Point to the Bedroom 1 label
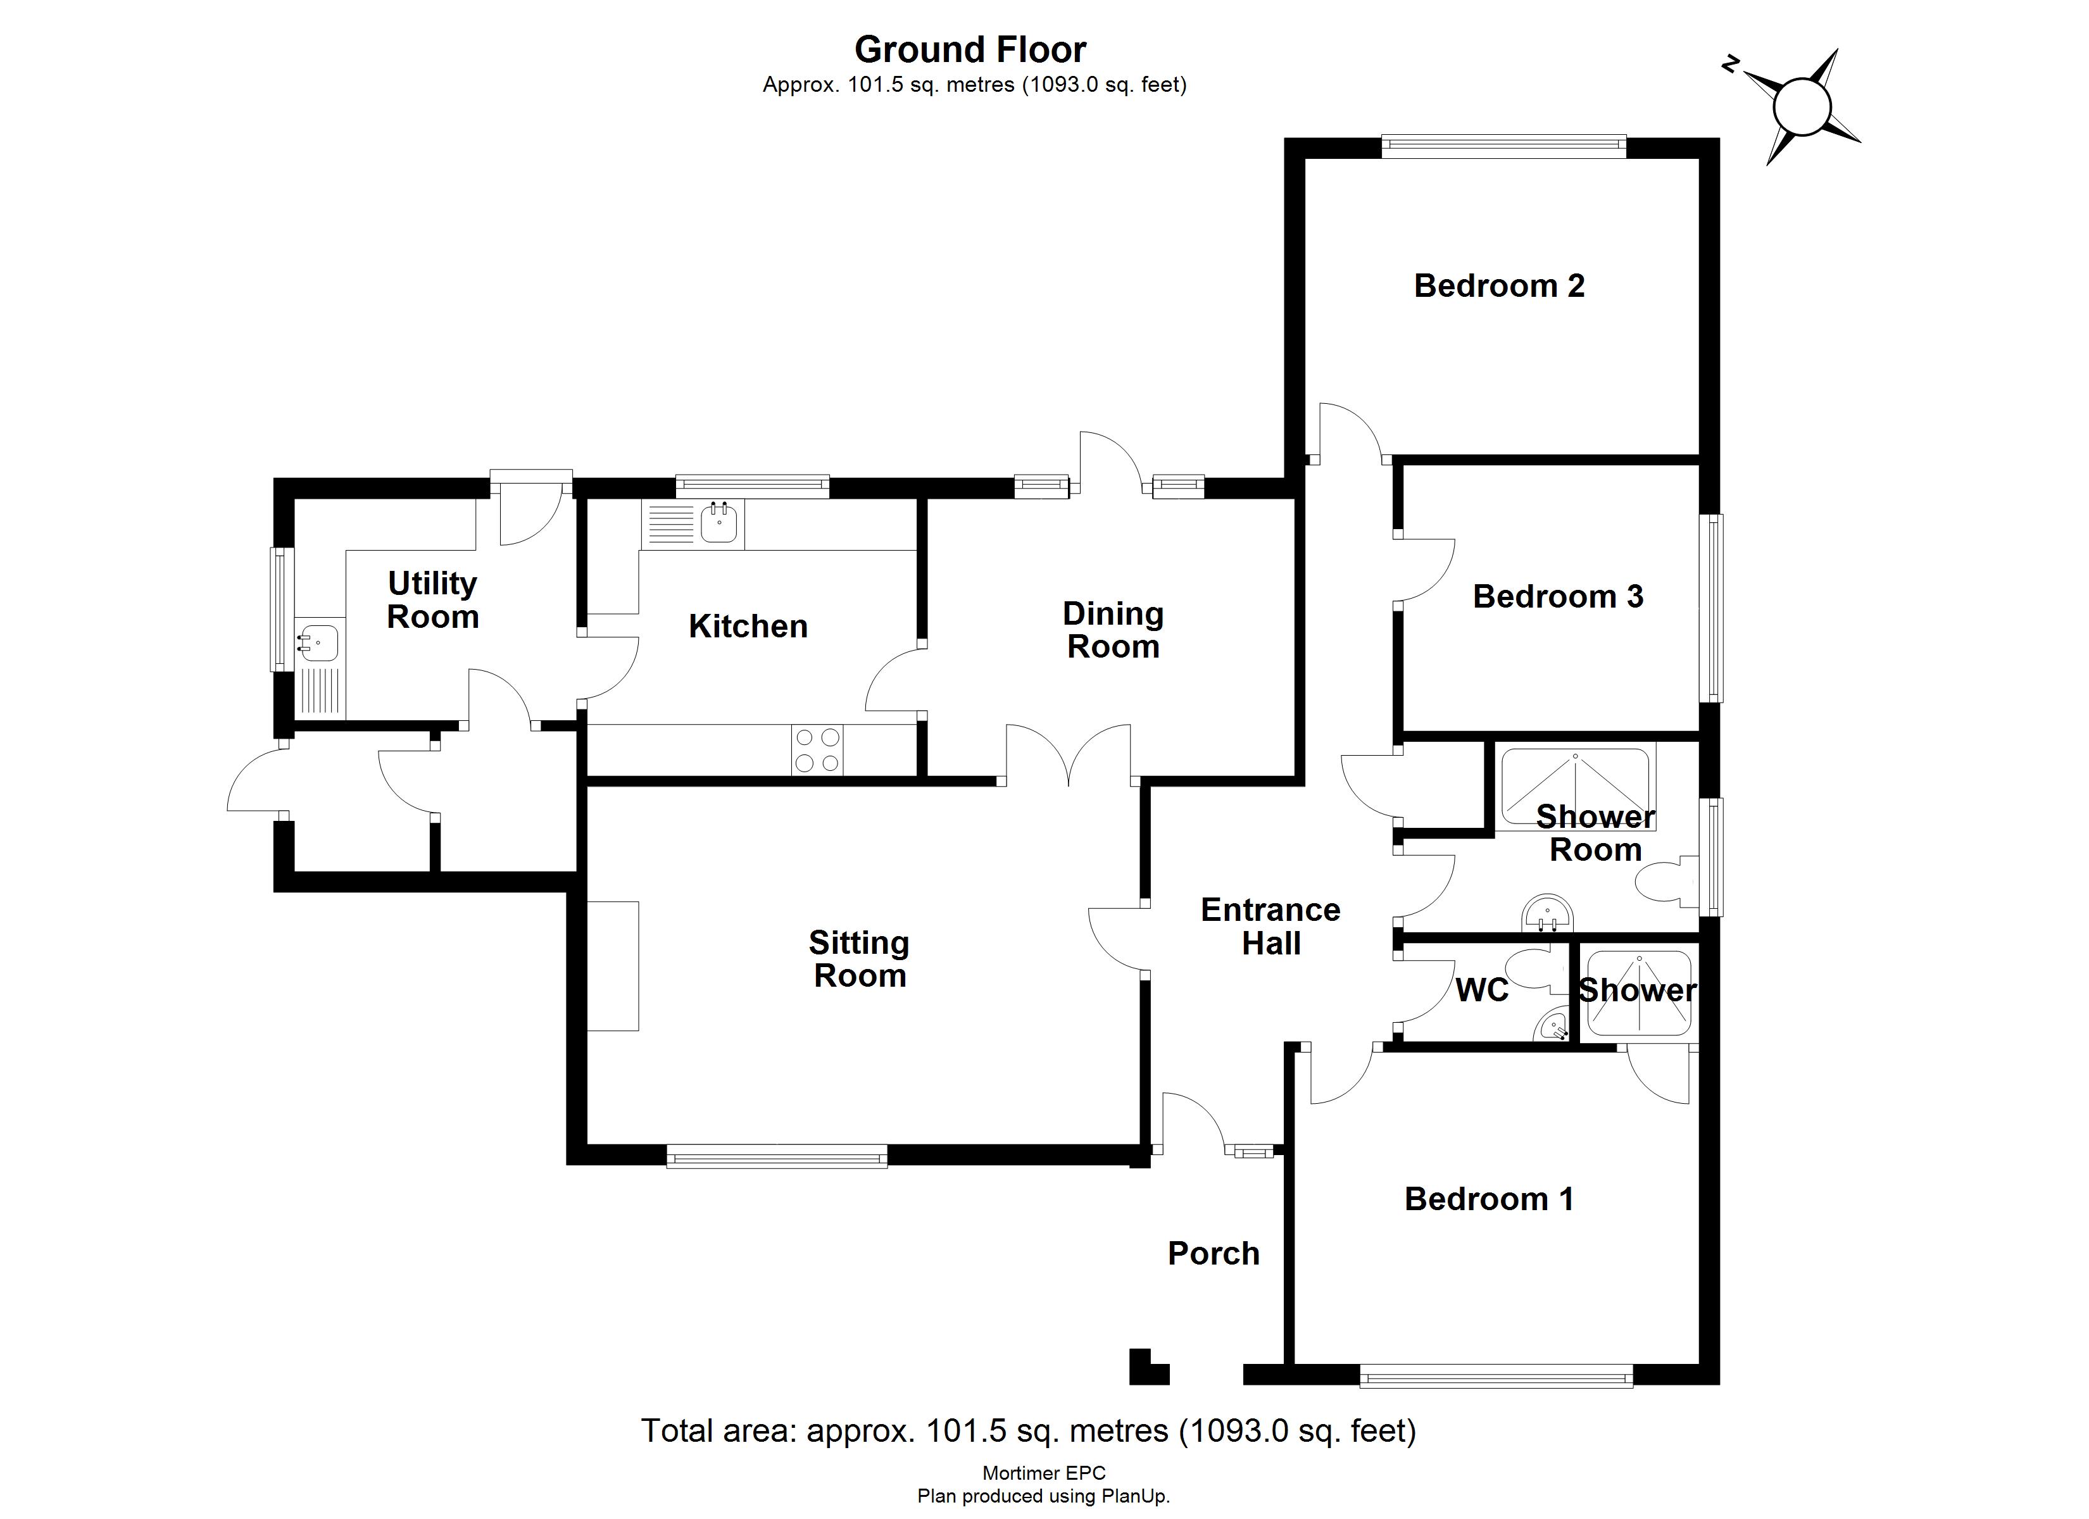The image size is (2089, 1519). coord(1488,1199)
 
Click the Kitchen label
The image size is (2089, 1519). coord(748,627)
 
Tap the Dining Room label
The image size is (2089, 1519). coord(1113,630)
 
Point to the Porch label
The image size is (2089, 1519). coord(1213,1254)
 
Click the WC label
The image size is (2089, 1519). coord(1482,991)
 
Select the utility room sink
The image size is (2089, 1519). coord(318,642)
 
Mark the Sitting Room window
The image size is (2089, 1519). coord(777,1156)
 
